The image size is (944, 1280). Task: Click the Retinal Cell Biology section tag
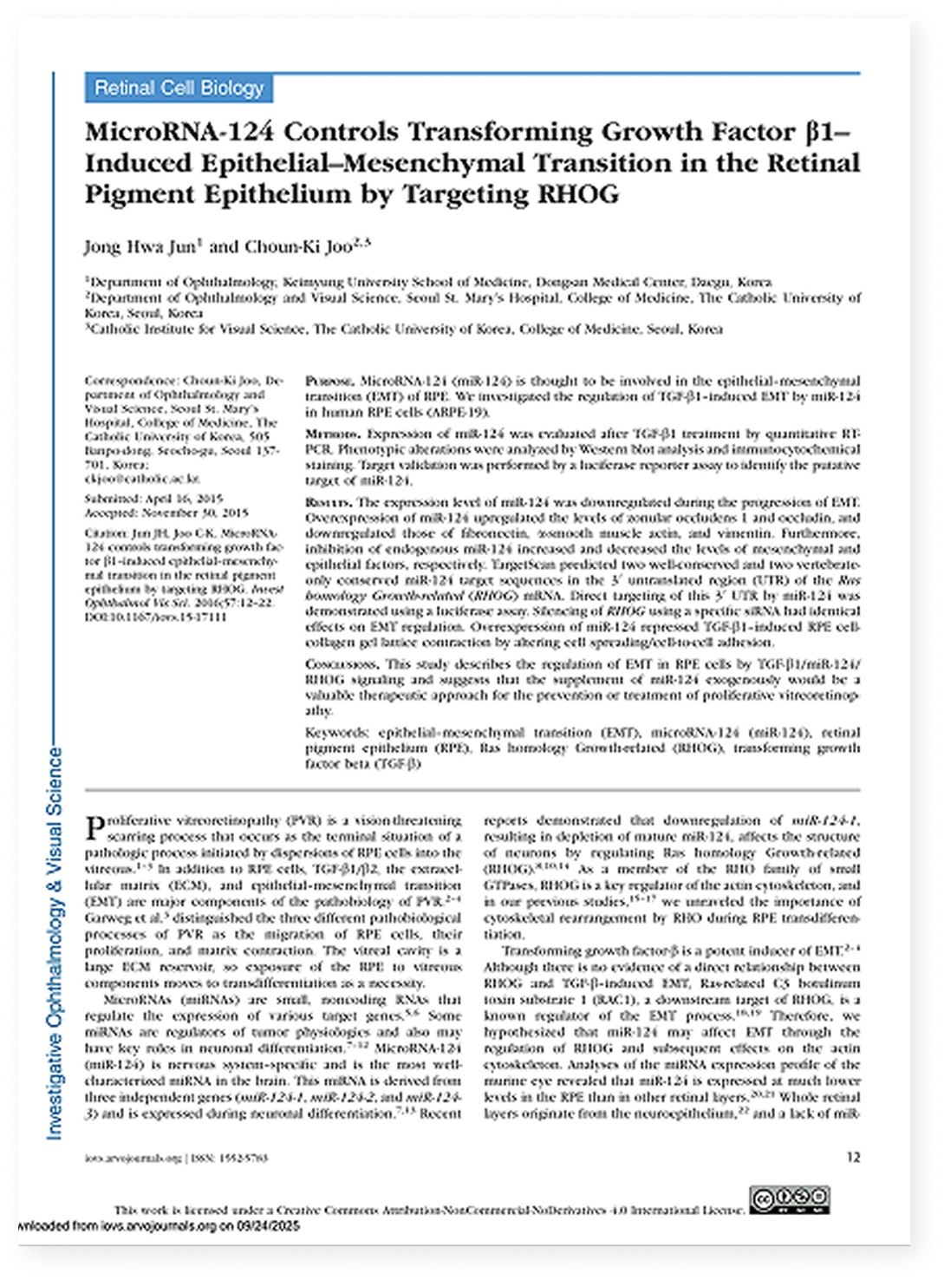click(179, 88)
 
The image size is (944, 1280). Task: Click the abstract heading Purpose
click(329, 382)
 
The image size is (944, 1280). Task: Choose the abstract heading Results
click(329, 503)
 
